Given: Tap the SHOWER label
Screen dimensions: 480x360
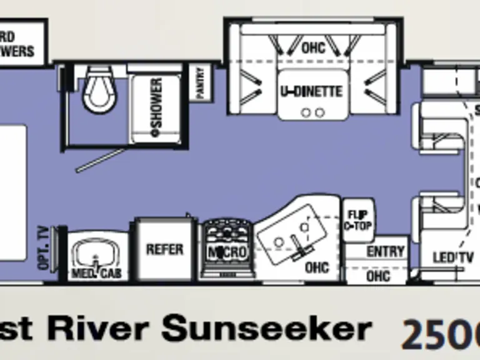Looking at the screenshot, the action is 155,103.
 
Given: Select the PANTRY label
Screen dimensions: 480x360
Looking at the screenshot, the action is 201,82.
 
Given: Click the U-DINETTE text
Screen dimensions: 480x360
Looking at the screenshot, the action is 311,92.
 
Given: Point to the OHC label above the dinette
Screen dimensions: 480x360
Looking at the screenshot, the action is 313,47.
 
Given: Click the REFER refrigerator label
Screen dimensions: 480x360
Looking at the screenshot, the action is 165,249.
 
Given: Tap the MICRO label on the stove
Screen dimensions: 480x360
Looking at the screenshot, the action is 227,252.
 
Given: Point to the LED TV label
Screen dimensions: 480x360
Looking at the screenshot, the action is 449,257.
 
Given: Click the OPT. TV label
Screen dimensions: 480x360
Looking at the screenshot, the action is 43,247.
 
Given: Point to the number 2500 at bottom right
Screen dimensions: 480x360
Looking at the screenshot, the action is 441,334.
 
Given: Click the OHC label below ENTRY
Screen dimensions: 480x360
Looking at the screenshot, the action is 378,275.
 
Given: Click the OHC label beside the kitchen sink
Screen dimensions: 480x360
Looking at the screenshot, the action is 316,267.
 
